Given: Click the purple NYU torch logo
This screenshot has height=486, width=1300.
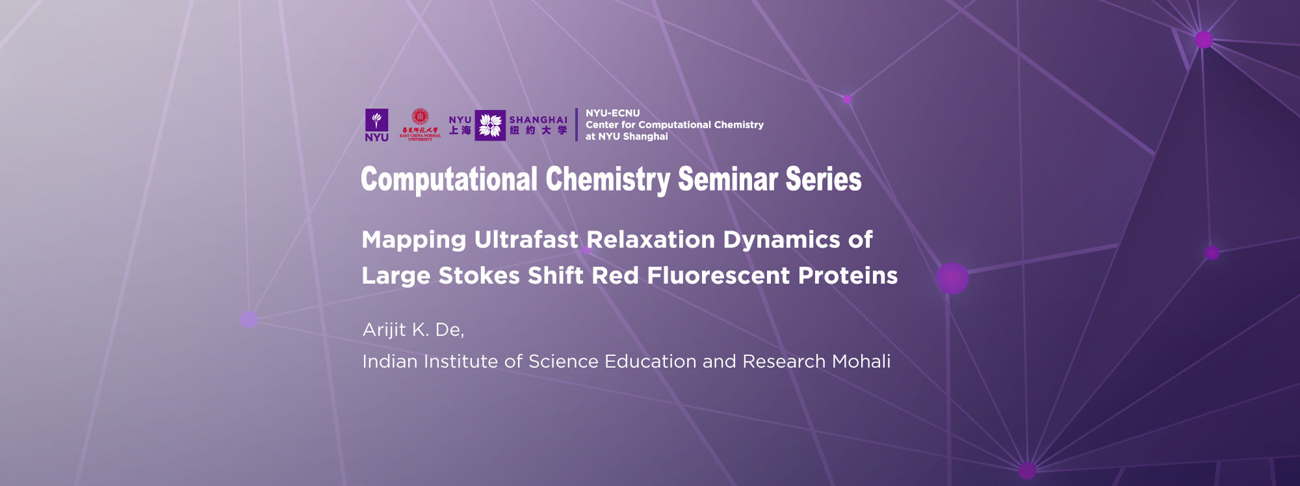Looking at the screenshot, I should [x=376, y=121].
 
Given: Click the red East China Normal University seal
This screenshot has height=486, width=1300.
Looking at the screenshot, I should [x=420, y=118].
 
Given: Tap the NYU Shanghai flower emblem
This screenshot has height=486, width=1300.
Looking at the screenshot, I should [x=490, y=125].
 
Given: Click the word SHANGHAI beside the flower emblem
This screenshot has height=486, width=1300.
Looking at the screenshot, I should [x=538, y=120].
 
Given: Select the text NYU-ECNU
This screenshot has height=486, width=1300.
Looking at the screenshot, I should [x=612, y=113].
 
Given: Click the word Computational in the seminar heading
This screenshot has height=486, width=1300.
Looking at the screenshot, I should [x=449, y=179].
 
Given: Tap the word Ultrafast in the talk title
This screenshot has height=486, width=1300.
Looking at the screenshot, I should [x=526, y=240].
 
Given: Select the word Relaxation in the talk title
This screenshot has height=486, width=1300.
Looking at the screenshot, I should [x=651, y=240].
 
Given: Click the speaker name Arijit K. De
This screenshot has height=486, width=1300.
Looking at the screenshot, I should [x=413, y=330].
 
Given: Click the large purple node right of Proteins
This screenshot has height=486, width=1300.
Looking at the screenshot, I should [x=952, y=278].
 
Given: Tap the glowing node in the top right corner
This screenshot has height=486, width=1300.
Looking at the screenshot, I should [x=1204, y=40].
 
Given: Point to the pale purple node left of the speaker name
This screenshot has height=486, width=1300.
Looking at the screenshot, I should [x=249, y=319].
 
